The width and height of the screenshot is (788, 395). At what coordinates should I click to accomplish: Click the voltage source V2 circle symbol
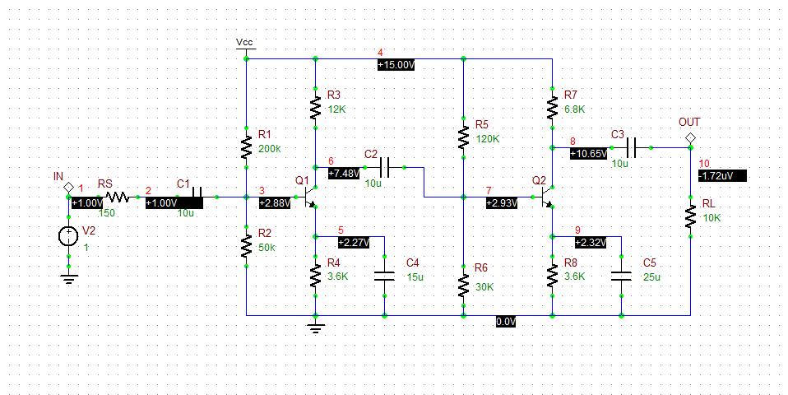tap(68, 237)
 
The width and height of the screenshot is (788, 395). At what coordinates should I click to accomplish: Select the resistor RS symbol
tap(116, 197)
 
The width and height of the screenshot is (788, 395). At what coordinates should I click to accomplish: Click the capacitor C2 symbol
tap(384, 167)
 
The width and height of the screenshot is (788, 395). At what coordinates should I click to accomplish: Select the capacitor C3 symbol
tap(631, 148)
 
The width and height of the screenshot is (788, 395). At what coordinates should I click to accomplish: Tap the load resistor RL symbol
tap(690, 216)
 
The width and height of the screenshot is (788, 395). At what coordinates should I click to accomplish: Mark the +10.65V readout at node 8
tap(588, 153)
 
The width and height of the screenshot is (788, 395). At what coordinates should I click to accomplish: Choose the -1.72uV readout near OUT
tap(721, 175)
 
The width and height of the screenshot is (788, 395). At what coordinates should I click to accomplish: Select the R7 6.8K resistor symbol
tap(552, 107)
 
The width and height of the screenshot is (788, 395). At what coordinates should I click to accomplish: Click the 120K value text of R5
tap(488, 138)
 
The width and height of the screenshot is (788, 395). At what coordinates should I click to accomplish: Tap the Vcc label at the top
tap(245, 41)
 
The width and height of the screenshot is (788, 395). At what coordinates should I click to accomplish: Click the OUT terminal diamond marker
tap(690, 137)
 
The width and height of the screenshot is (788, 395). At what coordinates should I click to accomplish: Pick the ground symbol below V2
tap(68, 279)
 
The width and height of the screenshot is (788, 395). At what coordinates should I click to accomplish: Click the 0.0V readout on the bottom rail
tap(505, 322)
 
